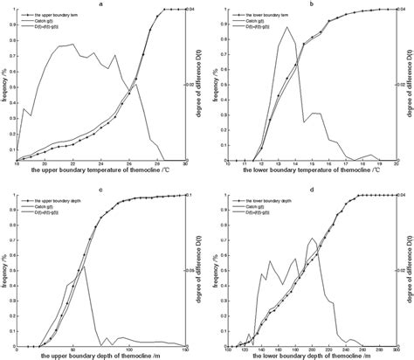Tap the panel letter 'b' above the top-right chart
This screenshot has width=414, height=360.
tap(311, 4)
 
